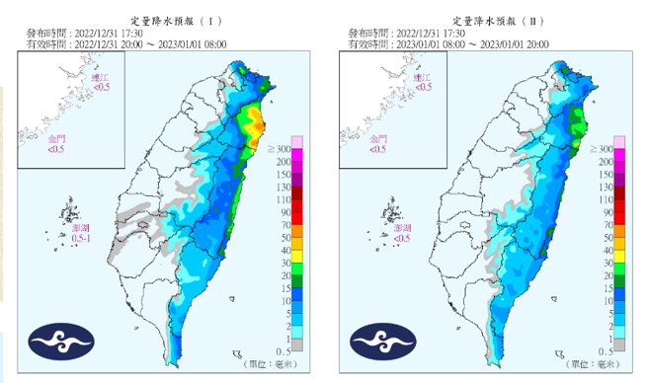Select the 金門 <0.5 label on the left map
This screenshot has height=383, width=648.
click(57, 145)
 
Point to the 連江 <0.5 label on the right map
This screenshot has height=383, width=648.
click(423, 82)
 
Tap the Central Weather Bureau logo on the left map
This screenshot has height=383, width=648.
click(61, 341)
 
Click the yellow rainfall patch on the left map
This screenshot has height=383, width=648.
click(255, 123)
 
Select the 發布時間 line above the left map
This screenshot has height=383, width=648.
click(89, 33)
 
